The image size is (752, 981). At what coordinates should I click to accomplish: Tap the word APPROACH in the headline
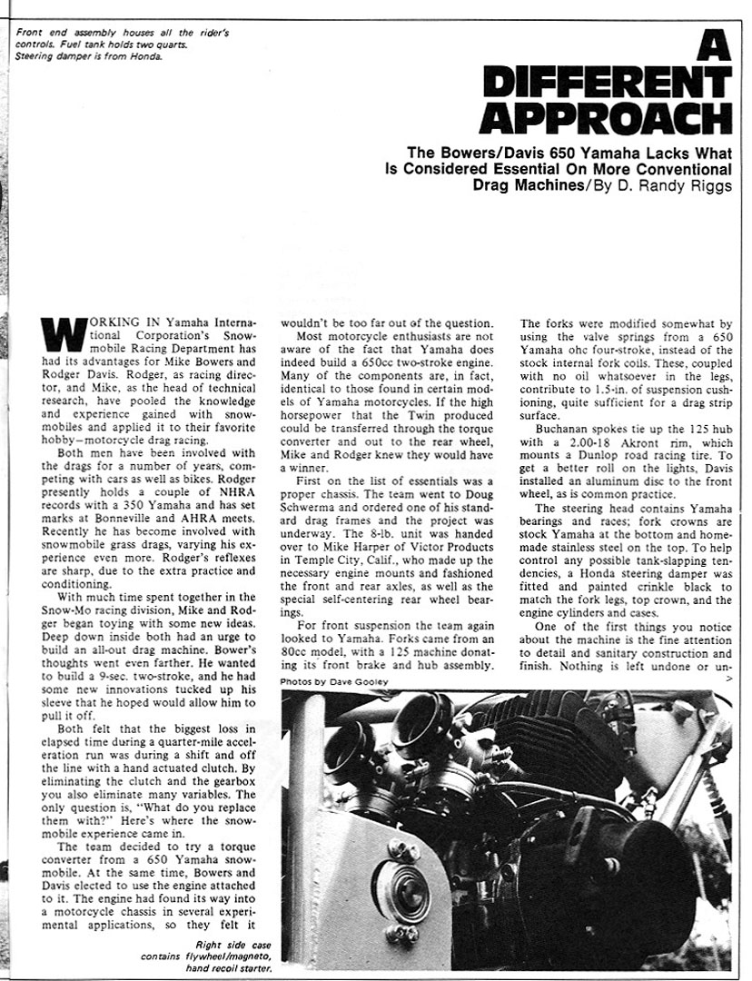point(605,119)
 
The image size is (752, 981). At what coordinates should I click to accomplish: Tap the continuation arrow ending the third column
point(729,678)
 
